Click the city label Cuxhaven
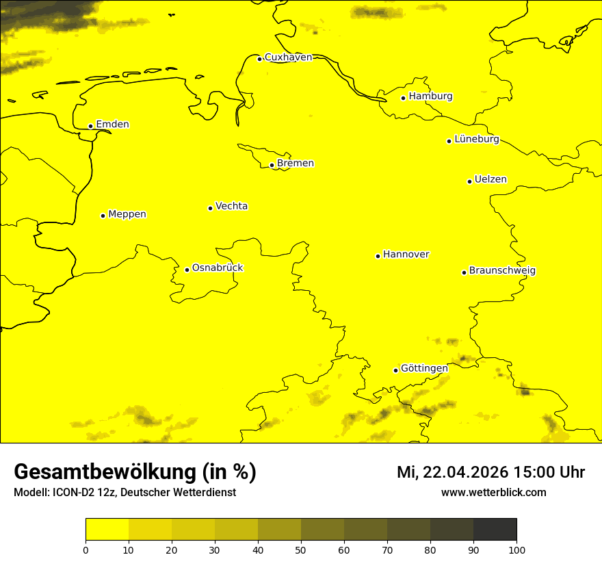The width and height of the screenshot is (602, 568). click(x=288, y=57)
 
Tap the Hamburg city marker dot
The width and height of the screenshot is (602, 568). click(x=404, y=98)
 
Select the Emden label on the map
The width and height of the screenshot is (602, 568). click(x=112, y=125)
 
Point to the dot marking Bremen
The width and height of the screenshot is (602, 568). click(x=272, y=165)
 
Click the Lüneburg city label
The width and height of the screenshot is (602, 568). click(x=476, y=140)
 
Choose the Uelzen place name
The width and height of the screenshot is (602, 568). click(x=490, y=180)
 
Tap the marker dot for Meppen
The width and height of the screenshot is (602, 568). click(x=103, y=216)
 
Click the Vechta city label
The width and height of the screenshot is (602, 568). click(x=231, y=206)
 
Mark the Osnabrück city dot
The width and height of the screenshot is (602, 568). click(x=187, y=270)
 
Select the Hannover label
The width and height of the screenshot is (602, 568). click(x=406, y=255)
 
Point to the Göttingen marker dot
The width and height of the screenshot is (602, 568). click(x=395, y=370)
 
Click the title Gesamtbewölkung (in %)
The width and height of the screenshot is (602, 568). click(x=135, y=472)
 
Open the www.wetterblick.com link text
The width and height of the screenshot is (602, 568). click(x=493, y=493)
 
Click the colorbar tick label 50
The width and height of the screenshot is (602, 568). click(x=301, y=550)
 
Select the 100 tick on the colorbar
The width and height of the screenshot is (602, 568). click(x=516, y=550)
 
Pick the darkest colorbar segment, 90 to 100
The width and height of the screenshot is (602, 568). click(x=495, y=530)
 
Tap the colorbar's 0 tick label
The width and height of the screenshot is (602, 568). click(x=86, y=550)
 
